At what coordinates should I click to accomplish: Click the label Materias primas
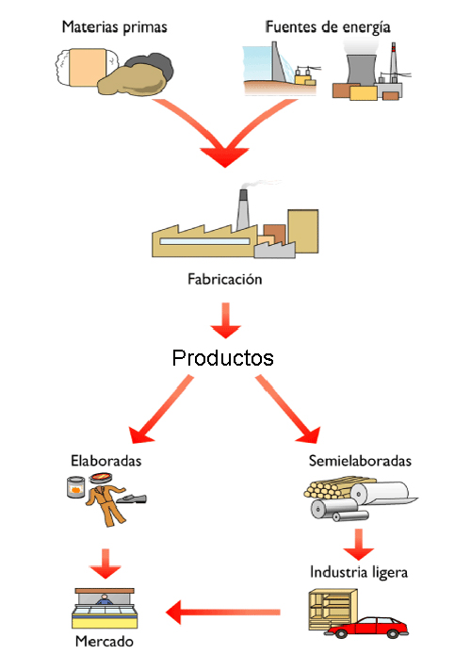point(114,27)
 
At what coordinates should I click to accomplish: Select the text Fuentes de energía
point(327,27)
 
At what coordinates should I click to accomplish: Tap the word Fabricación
point(223,279)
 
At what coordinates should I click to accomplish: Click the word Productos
point(222,358)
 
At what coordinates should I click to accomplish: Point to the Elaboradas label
point(106,461)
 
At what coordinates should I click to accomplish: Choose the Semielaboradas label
point(360,461)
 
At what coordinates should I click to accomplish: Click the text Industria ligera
point(359,572)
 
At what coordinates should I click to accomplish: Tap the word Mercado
point(106,641)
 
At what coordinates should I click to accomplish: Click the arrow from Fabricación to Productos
point(224,320)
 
